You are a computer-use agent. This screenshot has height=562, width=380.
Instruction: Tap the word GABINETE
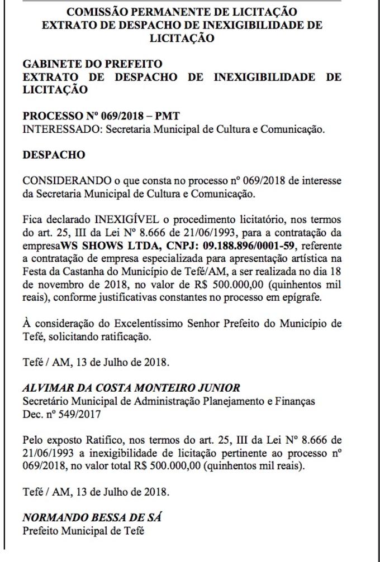(50, 64)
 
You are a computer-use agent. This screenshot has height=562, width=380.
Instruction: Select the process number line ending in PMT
(101, 116)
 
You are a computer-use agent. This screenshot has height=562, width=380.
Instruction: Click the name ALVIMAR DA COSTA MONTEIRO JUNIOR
(131, 388)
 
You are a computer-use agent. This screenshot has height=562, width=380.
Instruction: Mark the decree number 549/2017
(80, 414)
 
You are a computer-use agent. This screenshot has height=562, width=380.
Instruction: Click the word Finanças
(295, 401)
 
